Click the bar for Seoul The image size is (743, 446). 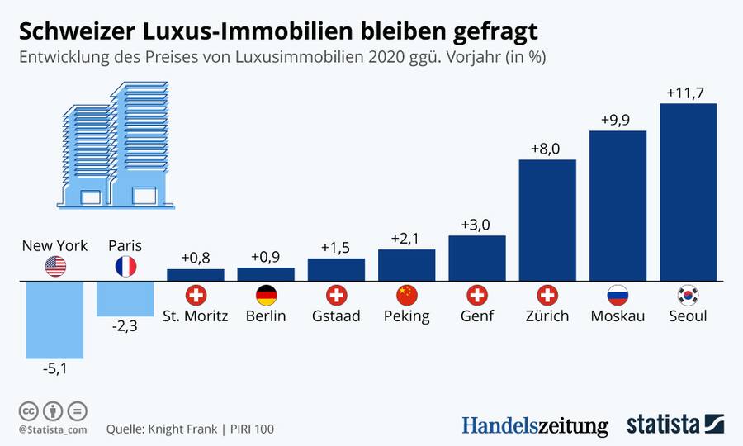click(x=688, y=192)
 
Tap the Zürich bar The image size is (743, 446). click(x=547, y=220)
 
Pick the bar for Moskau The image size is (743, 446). click(x=618, y=206)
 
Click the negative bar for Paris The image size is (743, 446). click(x=125, y=298)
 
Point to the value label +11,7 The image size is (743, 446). click(x=688, y=93)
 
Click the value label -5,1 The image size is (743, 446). click(x=54, y=369)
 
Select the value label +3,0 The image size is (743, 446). click(x=476, y=225)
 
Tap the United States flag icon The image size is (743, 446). click(x=54, y=266)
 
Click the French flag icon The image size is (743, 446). click(x=125, y=266)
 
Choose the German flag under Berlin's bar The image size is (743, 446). click(x=266, y=296)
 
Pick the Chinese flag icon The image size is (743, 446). click(x=406, y=296)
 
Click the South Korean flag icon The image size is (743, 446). click(x=688, y=296)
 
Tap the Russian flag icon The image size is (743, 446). click(x=618, y=296)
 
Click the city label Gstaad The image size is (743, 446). click(x=336, y=316)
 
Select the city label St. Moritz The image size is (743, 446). click(x=196, y=316)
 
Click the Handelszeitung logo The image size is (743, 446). click(x=534, y=425)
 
